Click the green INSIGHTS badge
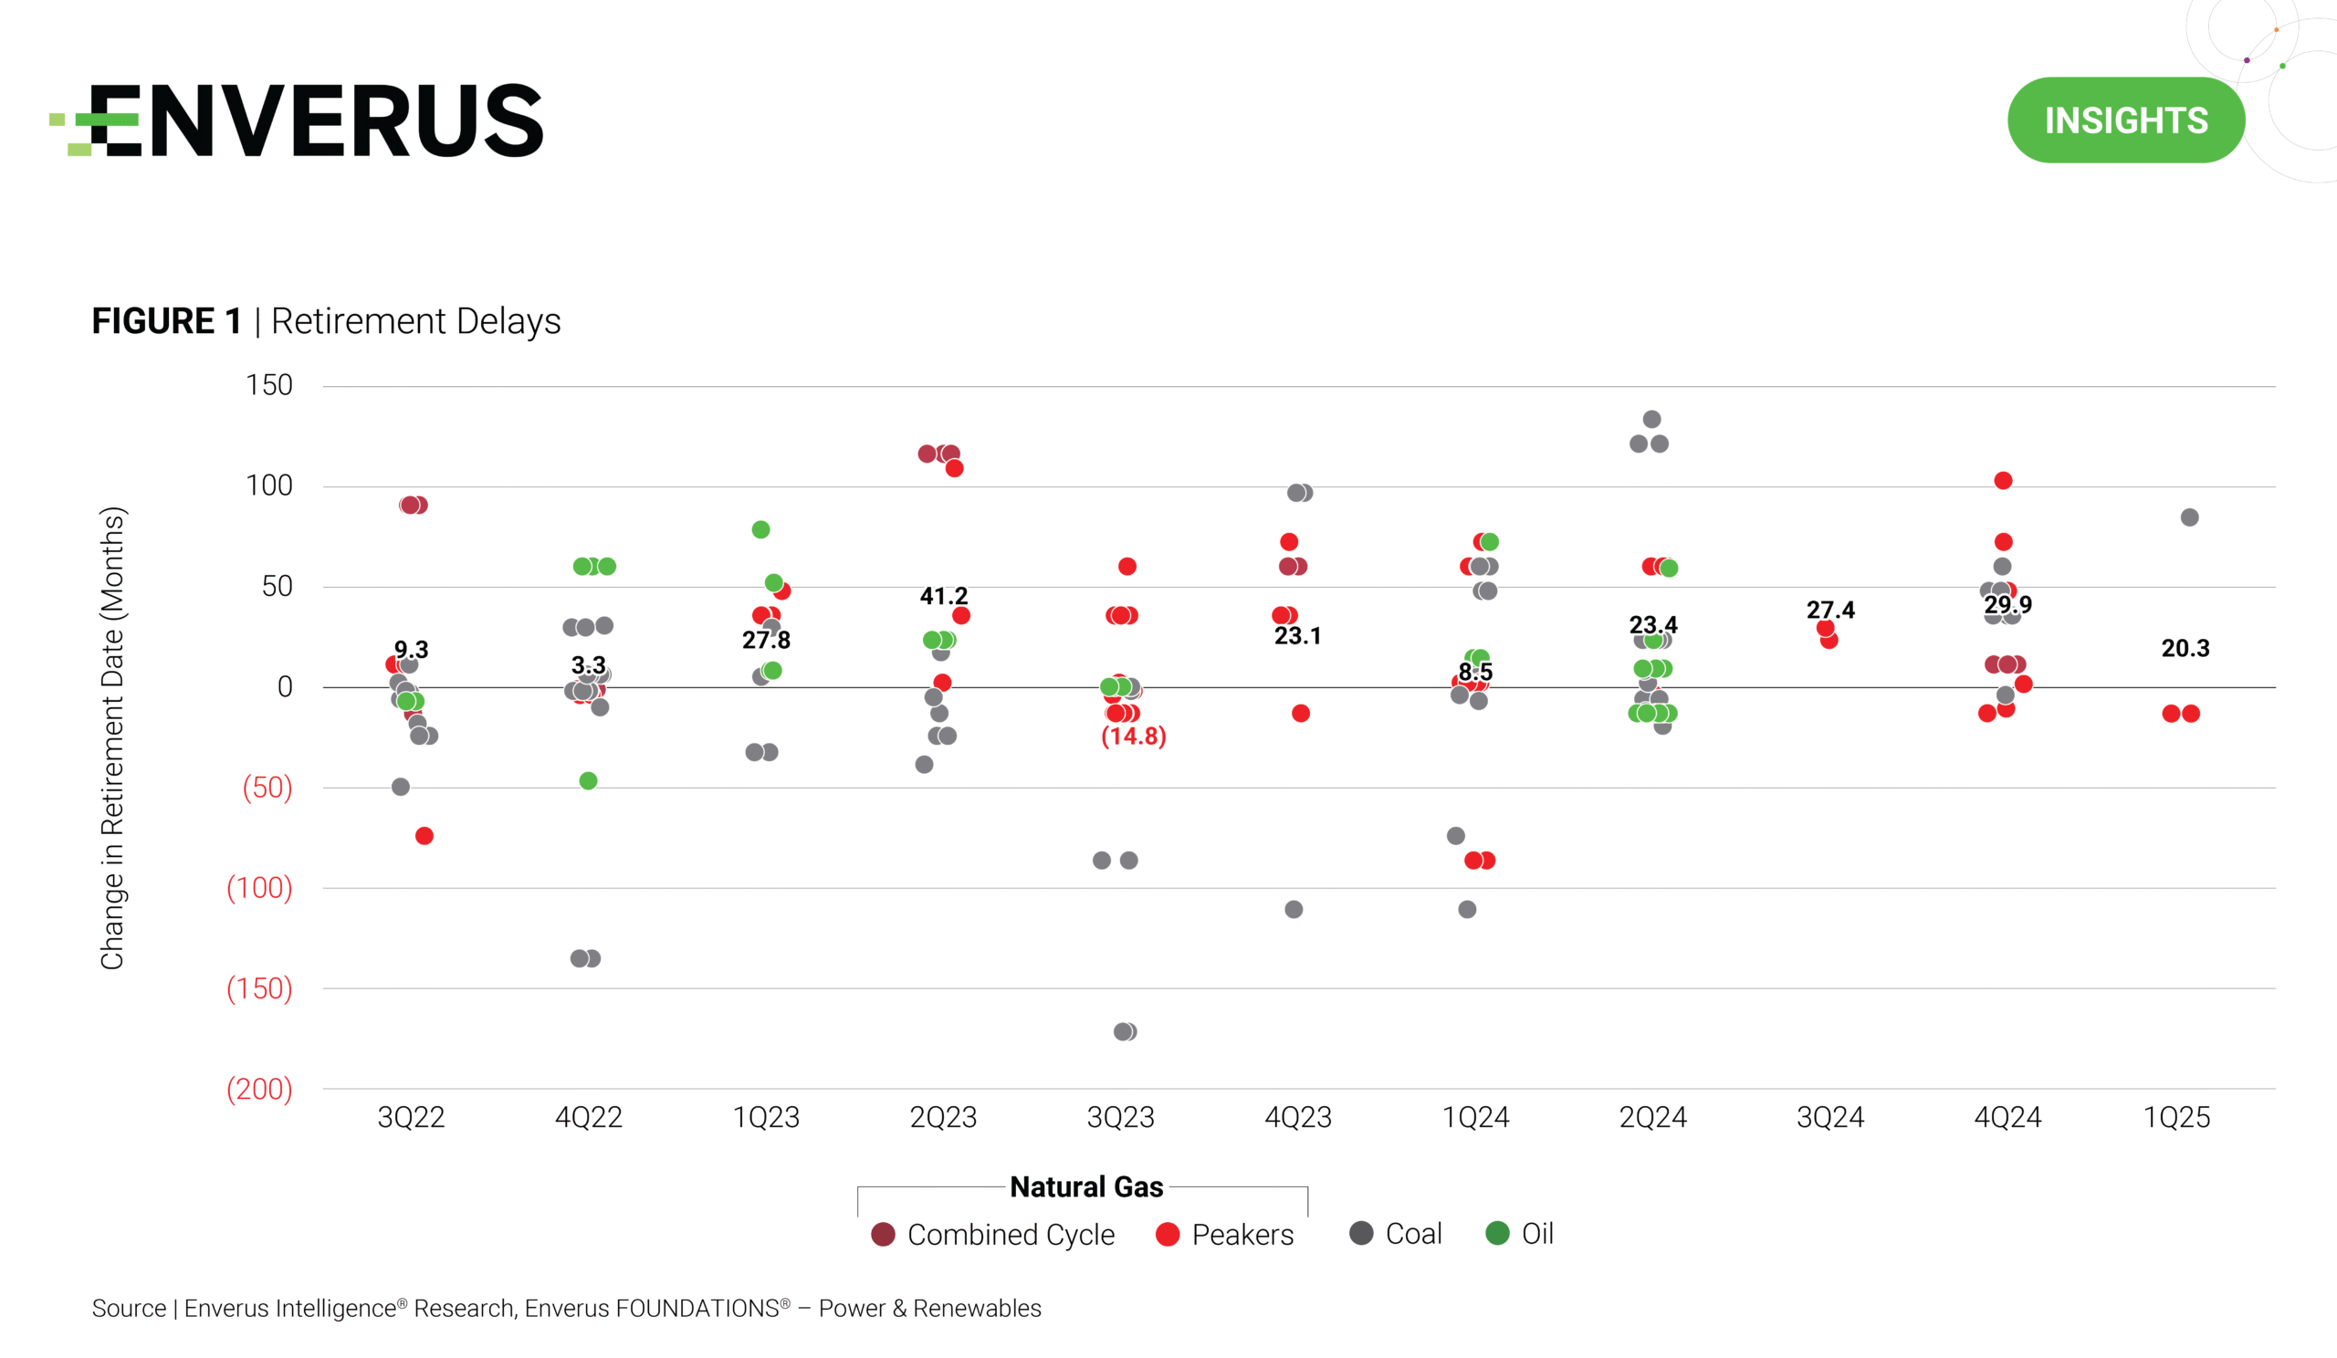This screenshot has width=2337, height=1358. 2125,120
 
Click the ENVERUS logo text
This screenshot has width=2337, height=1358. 315,120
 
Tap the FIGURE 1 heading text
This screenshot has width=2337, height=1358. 167,320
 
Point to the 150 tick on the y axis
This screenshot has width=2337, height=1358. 269,385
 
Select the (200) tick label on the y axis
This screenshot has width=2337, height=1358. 259,1088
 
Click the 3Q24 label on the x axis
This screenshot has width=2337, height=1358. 1829,1117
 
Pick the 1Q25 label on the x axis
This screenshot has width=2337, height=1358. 2176,1117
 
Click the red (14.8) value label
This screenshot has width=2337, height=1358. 1133,736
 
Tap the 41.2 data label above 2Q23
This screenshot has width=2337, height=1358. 943,596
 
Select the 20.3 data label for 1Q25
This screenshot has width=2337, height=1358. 2185,648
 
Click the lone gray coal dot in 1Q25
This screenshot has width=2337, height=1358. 2189,517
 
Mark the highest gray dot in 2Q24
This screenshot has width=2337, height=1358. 1651,419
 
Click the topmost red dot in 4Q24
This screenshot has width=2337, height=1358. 2003,480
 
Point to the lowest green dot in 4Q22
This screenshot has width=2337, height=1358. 588,780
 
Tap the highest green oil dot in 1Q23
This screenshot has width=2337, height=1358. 760,529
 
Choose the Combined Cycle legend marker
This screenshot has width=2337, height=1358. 883,1234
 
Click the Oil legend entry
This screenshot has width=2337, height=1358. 1521,1234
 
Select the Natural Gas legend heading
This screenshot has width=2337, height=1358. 1086,1186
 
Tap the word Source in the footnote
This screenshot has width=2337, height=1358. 128,1308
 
